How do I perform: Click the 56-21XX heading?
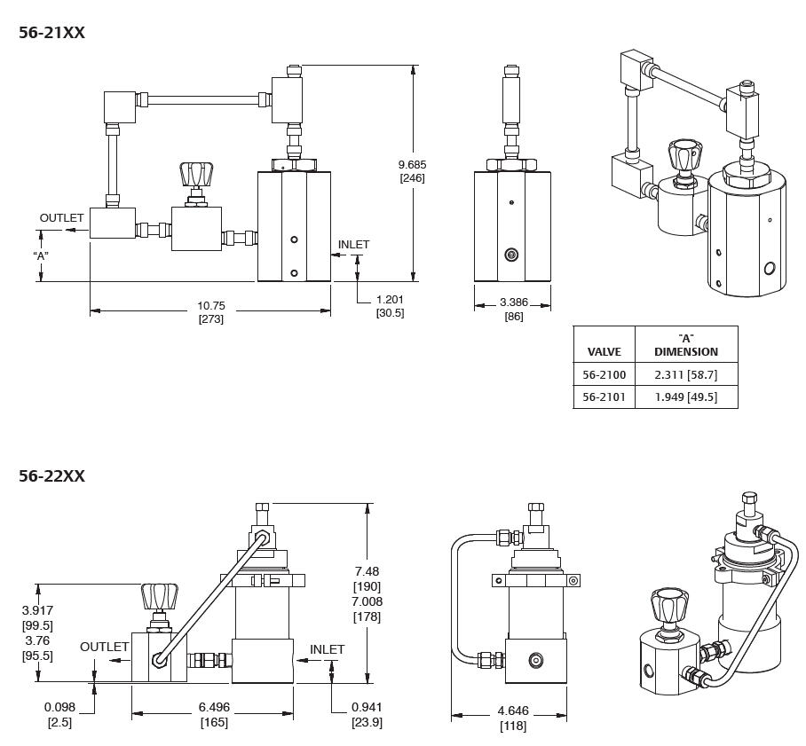coord(51,33)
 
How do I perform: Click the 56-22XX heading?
coord(51,476)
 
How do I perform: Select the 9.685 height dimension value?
coord(412,164)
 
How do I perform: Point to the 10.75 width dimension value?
coord(211,306)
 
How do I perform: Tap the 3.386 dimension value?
coord(513,302)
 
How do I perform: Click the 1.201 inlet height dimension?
coord(390,300)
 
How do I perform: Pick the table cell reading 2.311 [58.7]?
coord(685,375)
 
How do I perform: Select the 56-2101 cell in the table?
coord(604,397)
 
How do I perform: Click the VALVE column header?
coord(604,351)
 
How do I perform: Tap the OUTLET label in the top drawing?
coord(61,217)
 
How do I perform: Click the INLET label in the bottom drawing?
coord(327,649)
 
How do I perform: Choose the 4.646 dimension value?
coord(513,711)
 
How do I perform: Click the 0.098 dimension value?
coord(59,707)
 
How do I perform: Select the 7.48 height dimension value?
coord(367,571)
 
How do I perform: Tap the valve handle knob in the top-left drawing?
coord(195,173)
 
